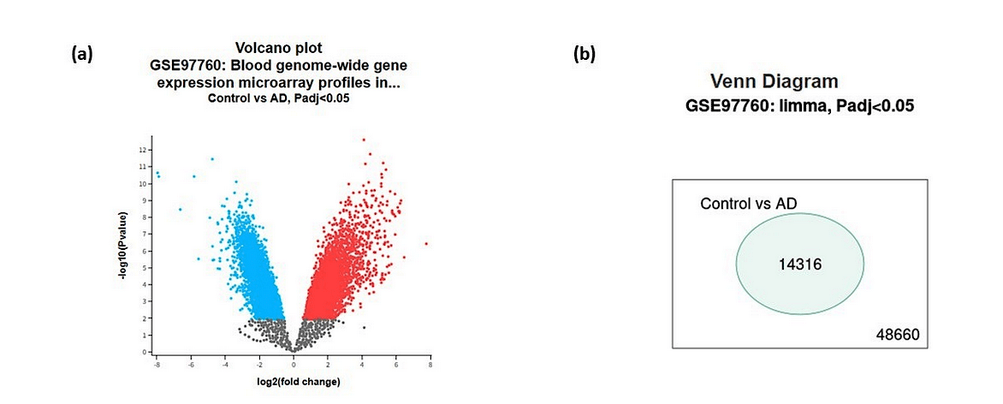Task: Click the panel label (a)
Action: click(x=82, y=55)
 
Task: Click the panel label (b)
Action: click(x=585, y=55)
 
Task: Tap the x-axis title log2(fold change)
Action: click(x=293, y=381)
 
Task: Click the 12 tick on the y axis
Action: click(x=144, y=150)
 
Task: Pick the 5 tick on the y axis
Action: click(x=145, y=267)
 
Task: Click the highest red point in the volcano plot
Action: click(x=364, y=139)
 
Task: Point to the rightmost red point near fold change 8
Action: click(x=425, y=243)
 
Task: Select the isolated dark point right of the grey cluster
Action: click(x=364, y=327)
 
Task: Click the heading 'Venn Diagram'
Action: click(x=774, y=82)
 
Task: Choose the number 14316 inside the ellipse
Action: click(x=800, y=265)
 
